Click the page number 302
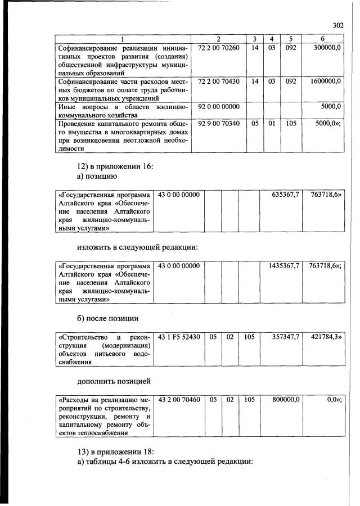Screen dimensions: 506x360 pos(338,25)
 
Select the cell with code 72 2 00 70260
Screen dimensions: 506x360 pos(219,48)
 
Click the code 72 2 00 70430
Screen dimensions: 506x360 pos(219,81)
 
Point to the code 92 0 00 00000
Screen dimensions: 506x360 pos(219,106)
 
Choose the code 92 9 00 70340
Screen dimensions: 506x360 pos(219,123)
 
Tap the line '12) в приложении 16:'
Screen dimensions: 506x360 pos(115,166)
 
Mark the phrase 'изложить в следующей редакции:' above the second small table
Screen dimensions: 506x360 pos(138,247)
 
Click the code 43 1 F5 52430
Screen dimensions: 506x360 pos(179,337)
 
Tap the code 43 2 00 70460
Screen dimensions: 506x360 pos(179,400)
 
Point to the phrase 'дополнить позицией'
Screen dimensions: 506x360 pos(114,381)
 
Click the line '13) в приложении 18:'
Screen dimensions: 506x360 pos(115,451)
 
